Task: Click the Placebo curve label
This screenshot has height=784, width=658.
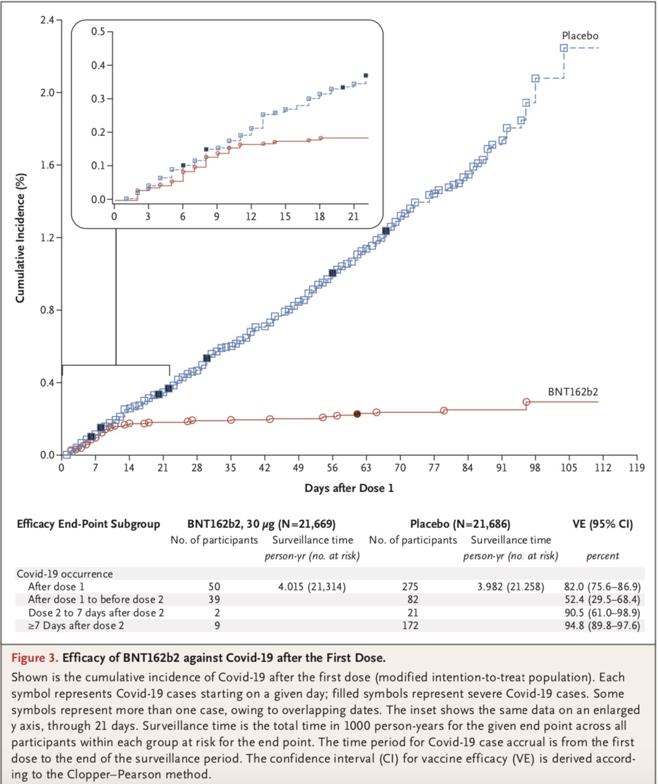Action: [x=580, y=36]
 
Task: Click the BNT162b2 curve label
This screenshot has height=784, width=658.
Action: [x=573, y=391]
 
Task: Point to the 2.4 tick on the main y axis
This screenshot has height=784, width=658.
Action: [x=47, y=20]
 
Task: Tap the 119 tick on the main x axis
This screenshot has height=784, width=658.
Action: [x=637, y=467]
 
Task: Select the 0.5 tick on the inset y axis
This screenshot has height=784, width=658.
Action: [x=98, y=32]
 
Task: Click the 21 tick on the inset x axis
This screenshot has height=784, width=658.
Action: [x=353, y=216]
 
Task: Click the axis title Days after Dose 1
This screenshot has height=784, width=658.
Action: [x=349, y=488]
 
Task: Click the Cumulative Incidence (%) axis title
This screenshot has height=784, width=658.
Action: [x=20, y=238]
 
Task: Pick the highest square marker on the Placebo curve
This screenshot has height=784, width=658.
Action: [x=564, y=48]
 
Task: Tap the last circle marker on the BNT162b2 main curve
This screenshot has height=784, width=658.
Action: [x=526, y=402]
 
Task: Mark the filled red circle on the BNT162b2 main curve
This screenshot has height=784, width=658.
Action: [x=357, y=414]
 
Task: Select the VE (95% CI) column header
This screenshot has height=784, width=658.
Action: [x=602, y=524]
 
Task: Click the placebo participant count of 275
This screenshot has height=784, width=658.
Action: [x=410, y=587]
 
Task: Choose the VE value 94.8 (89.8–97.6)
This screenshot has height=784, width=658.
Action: [x=602, y=625]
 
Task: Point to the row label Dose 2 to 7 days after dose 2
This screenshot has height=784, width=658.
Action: [x=96, y=612]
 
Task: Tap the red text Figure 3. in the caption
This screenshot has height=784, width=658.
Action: [x=35, y=657]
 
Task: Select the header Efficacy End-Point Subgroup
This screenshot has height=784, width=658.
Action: [x=88, y=524]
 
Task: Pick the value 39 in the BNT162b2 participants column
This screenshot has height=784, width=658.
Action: [x=214, y=600]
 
